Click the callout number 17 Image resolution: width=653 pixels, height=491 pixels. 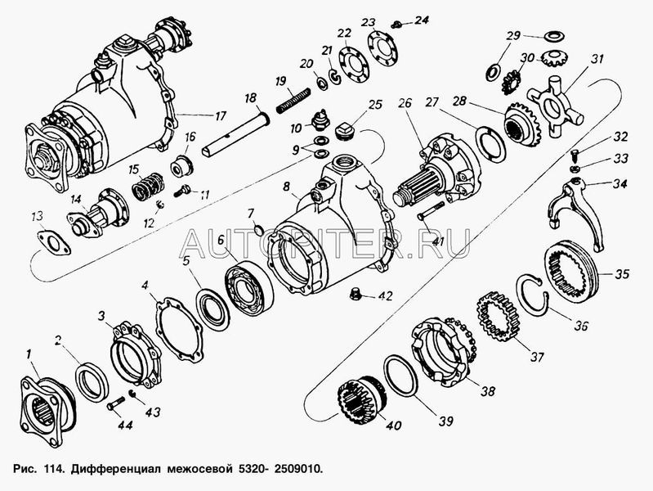tap(220, 115)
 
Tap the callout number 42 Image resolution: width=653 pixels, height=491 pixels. tap(384, 296)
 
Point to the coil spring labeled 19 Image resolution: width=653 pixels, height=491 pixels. tap(293, 100)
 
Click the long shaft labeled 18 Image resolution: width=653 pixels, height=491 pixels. tap(235, 133)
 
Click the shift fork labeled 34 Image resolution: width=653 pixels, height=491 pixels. tap(576, 210)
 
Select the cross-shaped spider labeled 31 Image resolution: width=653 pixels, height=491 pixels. tap(554, 106)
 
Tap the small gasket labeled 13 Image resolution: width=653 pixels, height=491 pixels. tap(54, 243)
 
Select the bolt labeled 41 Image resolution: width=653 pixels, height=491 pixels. tap(434, 211)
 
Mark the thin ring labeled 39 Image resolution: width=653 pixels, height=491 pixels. tap(400, 376)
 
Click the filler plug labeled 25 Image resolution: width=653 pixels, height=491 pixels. tap(344, 133)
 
